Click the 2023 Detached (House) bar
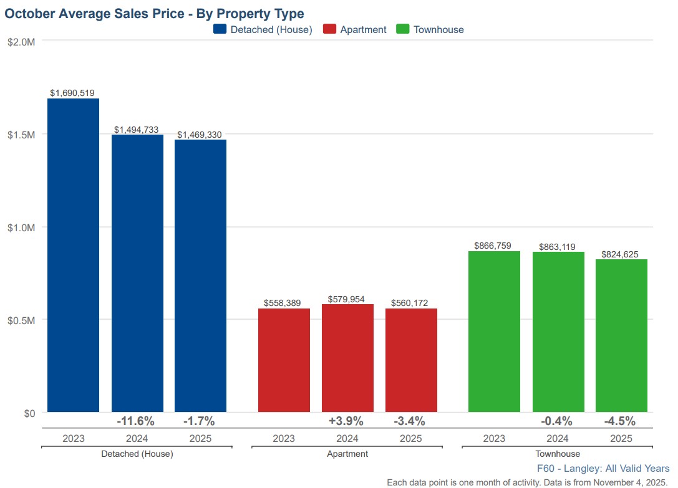74,256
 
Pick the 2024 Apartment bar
347,358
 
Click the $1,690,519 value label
72,93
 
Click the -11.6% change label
135,421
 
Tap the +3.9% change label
346,421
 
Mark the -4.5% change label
619,421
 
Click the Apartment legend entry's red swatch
329,29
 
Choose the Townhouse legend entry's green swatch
402,29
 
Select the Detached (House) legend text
271,29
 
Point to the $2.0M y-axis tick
21,42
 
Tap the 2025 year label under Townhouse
621,438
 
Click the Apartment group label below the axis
347,454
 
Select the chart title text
154,14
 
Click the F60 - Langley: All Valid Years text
603,468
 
